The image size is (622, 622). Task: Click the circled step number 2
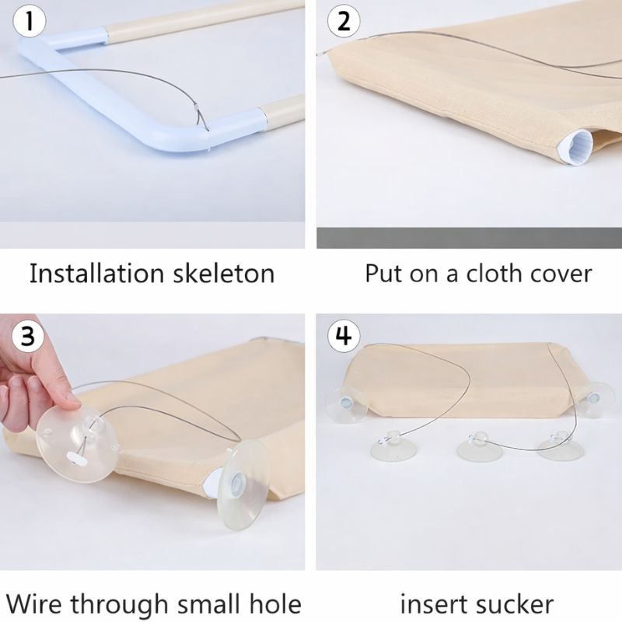343,22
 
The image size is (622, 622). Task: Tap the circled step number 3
27,336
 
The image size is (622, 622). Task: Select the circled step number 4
343,336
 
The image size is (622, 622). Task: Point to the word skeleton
227,274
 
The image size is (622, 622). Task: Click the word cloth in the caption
494,274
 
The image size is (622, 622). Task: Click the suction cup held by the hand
76,443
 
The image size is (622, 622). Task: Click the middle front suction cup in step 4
474,446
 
